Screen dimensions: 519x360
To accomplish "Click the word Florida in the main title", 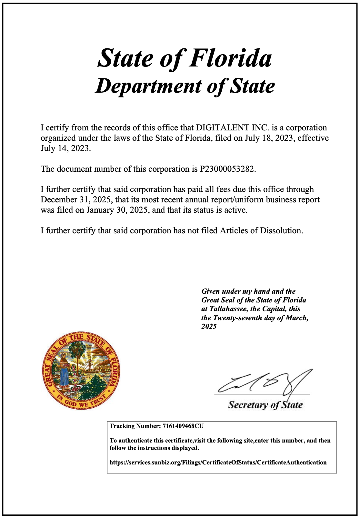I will (230, 58).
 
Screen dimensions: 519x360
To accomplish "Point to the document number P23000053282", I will (227, 169).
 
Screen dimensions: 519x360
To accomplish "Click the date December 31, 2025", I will (76, 200).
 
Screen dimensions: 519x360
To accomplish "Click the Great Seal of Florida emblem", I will (81, 371).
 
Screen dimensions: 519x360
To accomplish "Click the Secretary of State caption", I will (265, 405).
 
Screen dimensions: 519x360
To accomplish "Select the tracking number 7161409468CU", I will (183, 426).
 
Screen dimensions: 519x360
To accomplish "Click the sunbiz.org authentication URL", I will (218, 463).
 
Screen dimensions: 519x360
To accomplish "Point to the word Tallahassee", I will (229, 309).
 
